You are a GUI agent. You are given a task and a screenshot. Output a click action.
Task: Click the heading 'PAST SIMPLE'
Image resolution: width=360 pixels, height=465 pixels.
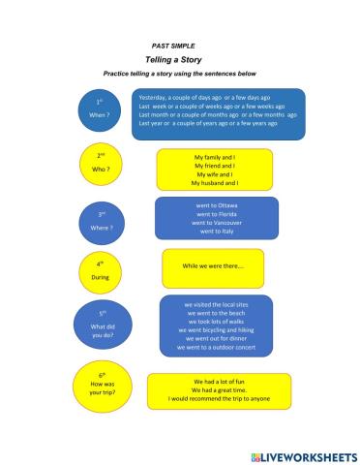[170, 46]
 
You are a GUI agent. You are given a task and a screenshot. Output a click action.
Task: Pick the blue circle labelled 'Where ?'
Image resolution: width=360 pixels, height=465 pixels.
[101, 220]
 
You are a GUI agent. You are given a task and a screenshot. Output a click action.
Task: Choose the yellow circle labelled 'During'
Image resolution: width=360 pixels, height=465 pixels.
[100, 269]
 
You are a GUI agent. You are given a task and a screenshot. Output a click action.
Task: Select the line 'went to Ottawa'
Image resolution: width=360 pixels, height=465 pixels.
[216, 205]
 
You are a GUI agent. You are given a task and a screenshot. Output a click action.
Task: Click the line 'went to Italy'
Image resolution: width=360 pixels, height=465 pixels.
[216, 232]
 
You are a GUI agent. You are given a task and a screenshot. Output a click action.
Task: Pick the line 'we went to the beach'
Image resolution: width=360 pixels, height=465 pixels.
[216, 313]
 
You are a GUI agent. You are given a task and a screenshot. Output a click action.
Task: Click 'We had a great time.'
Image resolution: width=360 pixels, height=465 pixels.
[216, 389]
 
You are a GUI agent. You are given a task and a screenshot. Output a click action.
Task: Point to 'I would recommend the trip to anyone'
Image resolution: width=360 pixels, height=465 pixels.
[216, 398]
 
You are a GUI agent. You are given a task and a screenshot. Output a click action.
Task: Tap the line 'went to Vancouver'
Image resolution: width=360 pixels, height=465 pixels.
[216, 223]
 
